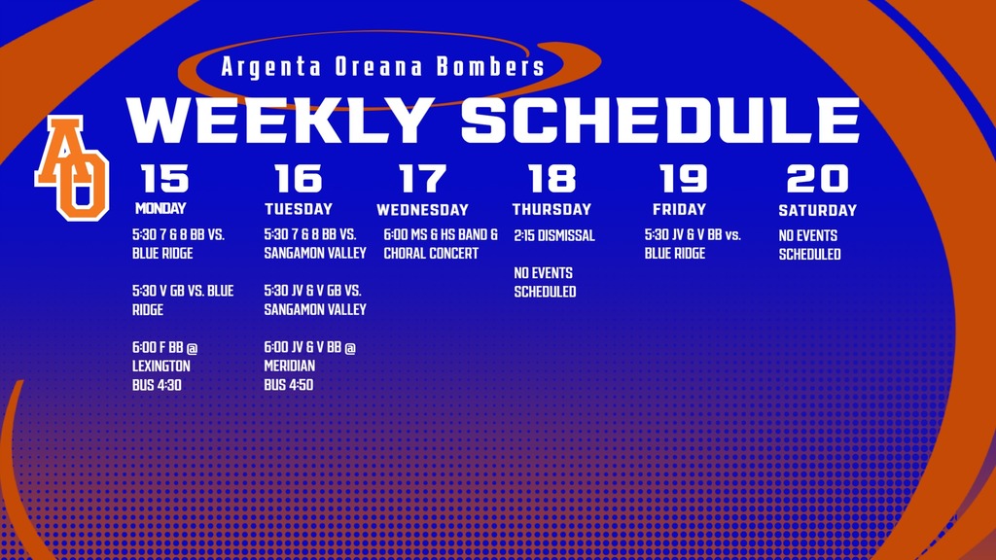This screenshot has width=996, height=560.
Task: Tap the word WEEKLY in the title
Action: (x=281, y=121)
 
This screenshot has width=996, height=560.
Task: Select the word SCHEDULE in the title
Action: (x=660, y=121)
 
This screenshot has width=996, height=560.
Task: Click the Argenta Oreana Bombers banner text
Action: (x=383, y=68)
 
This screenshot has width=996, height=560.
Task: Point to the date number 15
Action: (x=164, y=179)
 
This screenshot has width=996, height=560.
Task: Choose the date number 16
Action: (x=298, y=179)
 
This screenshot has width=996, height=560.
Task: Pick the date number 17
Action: (x=422, y=179)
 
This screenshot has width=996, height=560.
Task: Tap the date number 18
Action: (x=551, y=179)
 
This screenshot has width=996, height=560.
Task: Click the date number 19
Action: (x=683, y=179)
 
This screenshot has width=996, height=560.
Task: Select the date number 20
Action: (x=817, y=179)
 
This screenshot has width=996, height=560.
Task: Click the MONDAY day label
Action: (x=160, y=208)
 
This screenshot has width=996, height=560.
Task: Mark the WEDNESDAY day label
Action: (x=422, y=210)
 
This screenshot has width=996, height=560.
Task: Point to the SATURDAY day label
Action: (x=817, y=210)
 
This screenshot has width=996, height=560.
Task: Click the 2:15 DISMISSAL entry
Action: (x=553, y=236)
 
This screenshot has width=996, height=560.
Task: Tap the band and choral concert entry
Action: (x=441, y=244)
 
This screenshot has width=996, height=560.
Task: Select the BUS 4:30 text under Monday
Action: (x=157, y=385)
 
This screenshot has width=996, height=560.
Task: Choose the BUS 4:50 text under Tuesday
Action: (x=289, y=385)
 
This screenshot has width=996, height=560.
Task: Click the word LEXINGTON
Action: (x=161, y=367)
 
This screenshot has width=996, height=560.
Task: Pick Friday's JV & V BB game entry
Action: (x=692, y=244)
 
